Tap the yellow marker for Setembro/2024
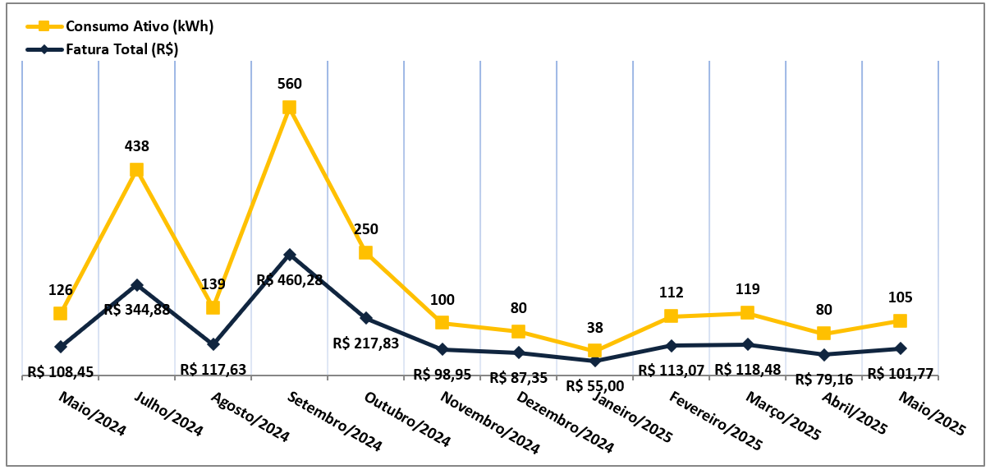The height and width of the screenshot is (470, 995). click(x=289, y=108)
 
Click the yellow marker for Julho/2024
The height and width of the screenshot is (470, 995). click(x=137, y=170)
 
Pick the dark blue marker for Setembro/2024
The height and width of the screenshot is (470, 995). click(x=289, y=255)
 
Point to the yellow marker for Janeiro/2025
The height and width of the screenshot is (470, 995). click(x=594, y=351)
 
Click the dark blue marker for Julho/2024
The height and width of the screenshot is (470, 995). click(x=137, y=285)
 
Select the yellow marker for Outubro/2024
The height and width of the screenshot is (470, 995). click(x=366, y=253)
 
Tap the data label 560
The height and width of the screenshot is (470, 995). click(x=290, y=84)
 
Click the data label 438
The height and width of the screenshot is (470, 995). click(x=137, y=146)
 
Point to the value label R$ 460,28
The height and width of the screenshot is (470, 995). click(x=290, y=280)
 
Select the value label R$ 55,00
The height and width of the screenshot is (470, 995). click(x=594, y=385)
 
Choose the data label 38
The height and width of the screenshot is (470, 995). click(x=595, y=328)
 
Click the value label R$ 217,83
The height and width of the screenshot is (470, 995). click(x=366, y=343)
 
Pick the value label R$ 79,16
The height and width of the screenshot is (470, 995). click(x=825, y=380)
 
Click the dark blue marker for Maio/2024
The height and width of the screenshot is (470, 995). click(x=61, y=347)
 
